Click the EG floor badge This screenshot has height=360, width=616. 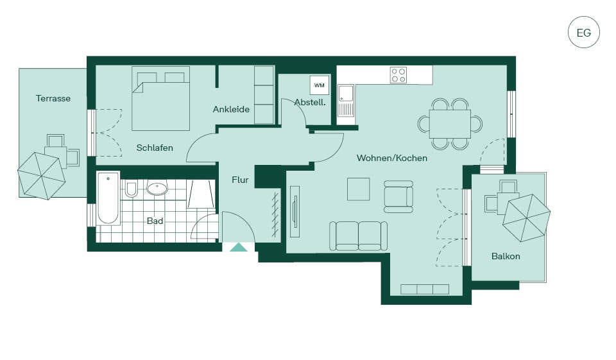(584, 32)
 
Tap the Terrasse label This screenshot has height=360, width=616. (53, 98)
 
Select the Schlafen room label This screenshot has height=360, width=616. (155, 148)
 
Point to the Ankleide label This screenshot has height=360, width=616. (231, 109)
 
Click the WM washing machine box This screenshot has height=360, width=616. (320, 85)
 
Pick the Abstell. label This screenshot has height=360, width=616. (310, 103)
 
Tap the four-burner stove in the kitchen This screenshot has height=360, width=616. (398, 75)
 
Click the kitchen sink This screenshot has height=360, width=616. (346, 101)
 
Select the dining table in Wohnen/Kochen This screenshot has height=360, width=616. (450, 124)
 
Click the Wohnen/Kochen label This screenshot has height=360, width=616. (392, 158)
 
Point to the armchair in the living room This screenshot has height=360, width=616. (398, 196)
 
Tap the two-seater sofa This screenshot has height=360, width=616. (358, 236)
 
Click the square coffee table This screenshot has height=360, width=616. (358, 189)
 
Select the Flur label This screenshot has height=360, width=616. (240, 180)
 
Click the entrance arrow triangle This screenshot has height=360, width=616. (239, 247)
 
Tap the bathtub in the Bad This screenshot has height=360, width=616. (108, 198)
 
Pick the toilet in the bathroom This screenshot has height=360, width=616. (131, 189)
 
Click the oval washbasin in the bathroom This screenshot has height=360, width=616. (157, 188)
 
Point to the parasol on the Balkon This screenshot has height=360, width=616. (526, 218)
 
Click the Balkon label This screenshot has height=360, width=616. (506, 256)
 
